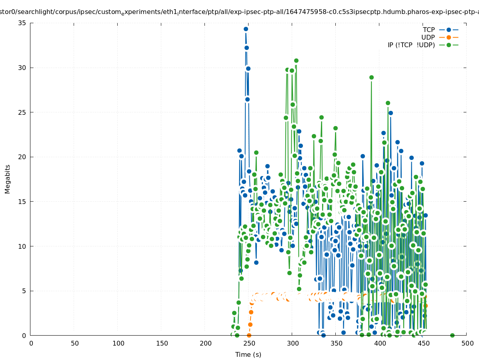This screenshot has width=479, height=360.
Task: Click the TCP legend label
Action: [x=429, y=30]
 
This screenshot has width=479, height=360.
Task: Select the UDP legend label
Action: [x=428, y=37]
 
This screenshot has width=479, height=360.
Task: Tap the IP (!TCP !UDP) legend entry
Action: [x=411, y=45]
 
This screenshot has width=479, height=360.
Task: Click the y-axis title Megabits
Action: [x=8, y=179]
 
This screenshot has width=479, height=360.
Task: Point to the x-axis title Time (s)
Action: [x=248, y=354]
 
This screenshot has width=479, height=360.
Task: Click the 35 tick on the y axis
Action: [x=22, y=23]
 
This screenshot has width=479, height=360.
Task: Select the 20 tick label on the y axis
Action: [x=22, y=157]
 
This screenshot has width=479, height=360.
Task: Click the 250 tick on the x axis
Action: [x=249, y=343]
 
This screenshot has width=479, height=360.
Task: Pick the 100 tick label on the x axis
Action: [x=118, y=343]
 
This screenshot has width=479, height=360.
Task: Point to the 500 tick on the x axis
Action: [x=467, y=343]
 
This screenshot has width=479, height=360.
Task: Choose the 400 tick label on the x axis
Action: [x=379, y=343]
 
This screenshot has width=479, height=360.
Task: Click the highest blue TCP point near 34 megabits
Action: [x=246, y=29]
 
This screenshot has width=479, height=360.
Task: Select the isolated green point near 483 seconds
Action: [x=452, y=335]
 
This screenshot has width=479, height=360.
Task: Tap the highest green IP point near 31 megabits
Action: [x=296, y=61]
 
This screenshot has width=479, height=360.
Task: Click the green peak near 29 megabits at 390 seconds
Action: [x=371, y=77]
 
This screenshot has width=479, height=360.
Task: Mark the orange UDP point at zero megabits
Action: [x=249, y=335]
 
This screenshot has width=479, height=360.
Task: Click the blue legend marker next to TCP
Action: [x=449, y=30]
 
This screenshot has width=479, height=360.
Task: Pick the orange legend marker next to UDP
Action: [x=449, y=37]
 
